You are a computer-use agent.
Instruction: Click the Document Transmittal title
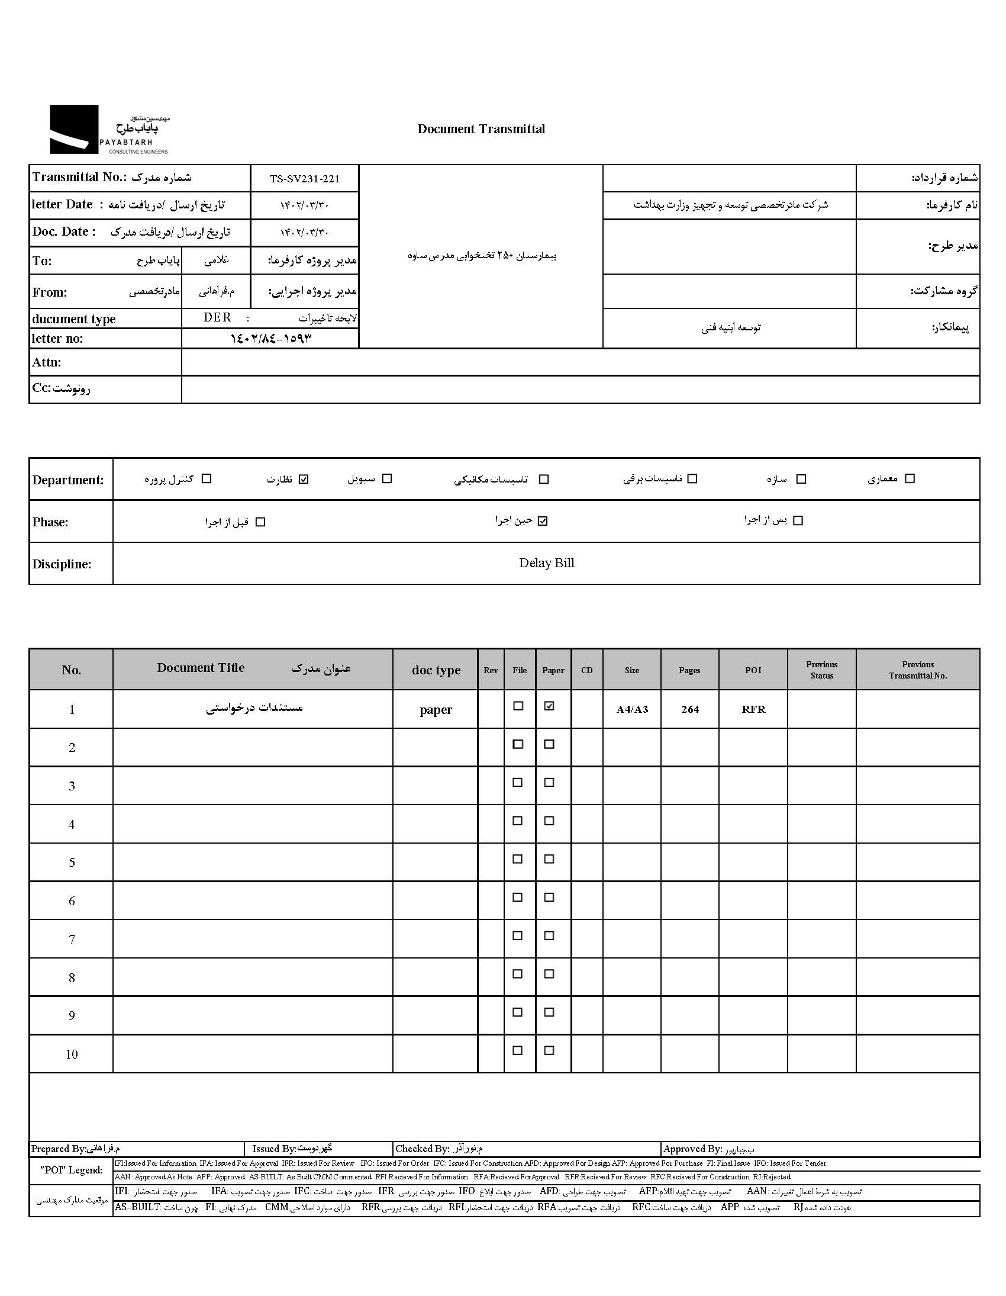click(481, 129)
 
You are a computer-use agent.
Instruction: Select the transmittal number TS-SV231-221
click(304, 179)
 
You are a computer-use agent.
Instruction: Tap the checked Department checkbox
click(304, 480)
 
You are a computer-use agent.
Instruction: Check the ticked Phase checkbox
click(543, 521)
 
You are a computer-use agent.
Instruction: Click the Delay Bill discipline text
click(546, 563)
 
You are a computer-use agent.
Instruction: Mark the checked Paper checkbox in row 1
click(549, 706)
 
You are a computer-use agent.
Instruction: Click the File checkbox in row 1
click(518, 706)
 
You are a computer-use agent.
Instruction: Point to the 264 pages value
click(690, 709)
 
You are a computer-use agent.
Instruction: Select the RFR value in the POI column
click(753, 709)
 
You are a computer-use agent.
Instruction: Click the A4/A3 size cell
click(633, 709)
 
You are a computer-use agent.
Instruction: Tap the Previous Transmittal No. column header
click(918, 670)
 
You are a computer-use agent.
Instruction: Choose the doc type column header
click(436, 670)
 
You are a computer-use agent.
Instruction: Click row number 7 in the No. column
click(72, 940)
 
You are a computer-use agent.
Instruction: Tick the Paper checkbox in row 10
click(549, 1051)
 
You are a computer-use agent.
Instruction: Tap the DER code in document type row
click(217, 317)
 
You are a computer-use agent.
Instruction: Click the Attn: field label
click(47, 362)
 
